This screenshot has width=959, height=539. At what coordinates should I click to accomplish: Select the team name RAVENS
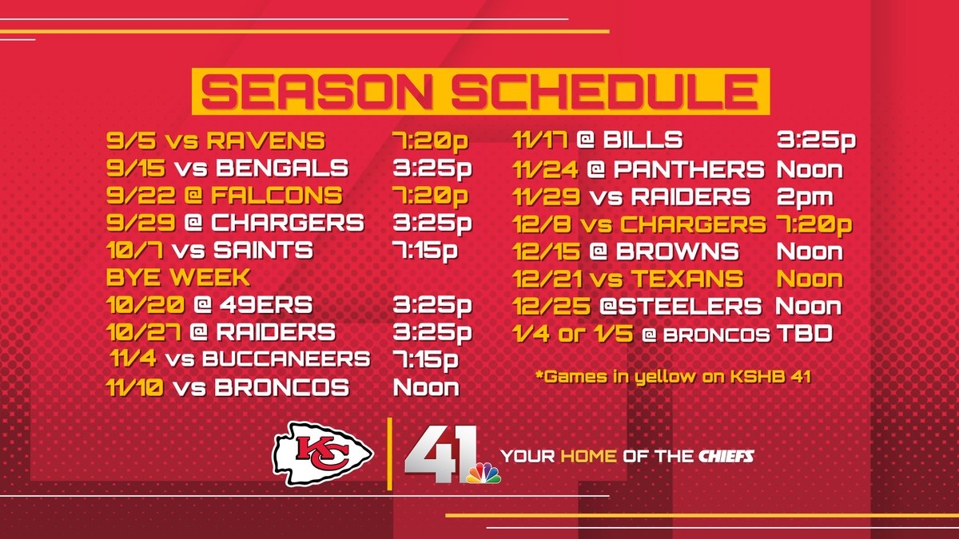click(x=266, y=141)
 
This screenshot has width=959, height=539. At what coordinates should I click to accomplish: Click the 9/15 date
click(x=136, y=168)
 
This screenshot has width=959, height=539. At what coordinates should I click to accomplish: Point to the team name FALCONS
click(x=277, y=196)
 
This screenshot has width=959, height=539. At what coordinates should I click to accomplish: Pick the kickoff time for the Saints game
click(x=425, y=251)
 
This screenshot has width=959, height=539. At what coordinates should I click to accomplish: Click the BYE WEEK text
click(x=178, y=278)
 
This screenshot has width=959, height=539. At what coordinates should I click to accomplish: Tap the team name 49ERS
click(x=266, y=305)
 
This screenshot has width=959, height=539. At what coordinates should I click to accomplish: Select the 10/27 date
click(x=143, y=332)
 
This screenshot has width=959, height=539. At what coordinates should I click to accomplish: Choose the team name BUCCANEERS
click(x=286, y=359)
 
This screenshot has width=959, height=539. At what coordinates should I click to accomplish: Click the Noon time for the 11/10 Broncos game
click(x=426, y=387)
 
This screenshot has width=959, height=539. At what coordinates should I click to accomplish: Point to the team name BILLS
click(x=643, y=140)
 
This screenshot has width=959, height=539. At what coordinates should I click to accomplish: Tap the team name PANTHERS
click(x=689, y=169)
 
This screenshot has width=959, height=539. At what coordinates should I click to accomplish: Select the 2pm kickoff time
click(x=805, y=198)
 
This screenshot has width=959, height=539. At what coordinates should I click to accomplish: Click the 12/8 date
click(x=543, y=224)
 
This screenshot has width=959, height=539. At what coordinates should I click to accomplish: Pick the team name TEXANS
click(x=687, y=279)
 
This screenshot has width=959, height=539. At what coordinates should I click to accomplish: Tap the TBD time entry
click(x=805, y=334)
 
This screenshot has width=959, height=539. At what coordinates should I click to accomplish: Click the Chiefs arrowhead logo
click(x=323, y=454)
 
